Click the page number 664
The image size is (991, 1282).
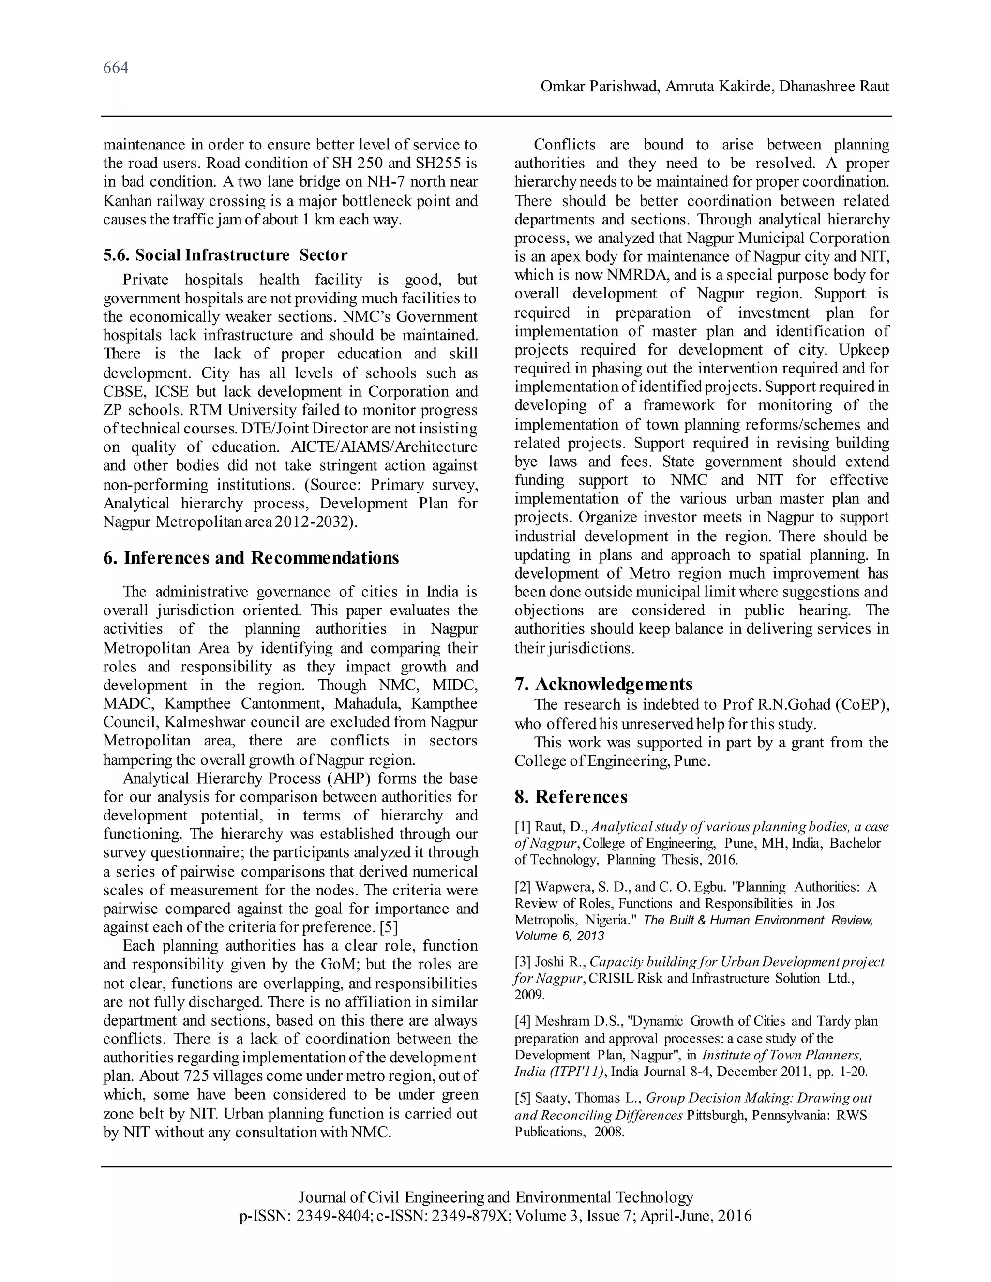[x=116, y=68]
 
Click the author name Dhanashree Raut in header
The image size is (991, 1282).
[x=834, y=87]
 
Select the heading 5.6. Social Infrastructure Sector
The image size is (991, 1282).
[x=225, y=255]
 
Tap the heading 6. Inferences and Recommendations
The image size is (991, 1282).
[x=251, y=558]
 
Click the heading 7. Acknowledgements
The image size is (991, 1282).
[x=603, y=684]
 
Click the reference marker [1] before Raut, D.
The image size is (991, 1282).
[x=523, y=827]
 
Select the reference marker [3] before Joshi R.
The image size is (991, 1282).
[x=523, y=962]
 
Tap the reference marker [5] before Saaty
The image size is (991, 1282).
[x=523, y=1098]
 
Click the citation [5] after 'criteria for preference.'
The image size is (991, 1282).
[x=389, y=927]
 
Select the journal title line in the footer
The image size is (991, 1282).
[x=495, y=1197]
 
